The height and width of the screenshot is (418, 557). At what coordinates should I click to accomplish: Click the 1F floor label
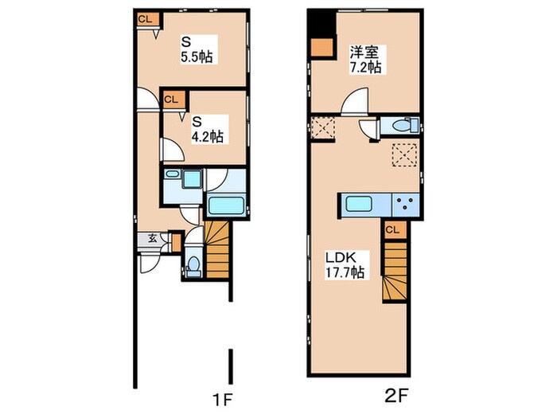pos(222,400)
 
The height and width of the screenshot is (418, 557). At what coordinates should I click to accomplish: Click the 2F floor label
pos(395,396)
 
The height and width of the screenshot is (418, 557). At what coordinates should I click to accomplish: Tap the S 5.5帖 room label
pos(197,49)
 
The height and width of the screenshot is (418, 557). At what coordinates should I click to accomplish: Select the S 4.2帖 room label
pos(208,129)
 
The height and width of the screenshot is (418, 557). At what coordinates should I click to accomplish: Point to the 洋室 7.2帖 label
pos(366,60)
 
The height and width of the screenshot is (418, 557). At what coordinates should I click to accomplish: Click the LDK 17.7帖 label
pos(345,265)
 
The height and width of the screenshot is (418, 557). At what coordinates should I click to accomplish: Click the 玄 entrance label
pos(153,239)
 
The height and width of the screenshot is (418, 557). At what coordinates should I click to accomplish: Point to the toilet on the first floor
pos(193,265)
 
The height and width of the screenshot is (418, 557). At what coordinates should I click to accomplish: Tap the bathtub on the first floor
pos(226,205)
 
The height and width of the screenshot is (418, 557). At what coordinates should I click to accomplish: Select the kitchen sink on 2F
pos(359,204)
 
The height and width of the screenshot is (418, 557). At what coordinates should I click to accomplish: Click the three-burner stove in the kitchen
pos(405,205)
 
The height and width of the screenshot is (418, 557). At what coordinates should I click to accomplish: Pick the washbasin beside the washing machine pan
pos(173,174)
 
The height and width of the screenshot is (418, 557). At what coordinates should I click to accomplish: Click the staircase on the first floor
pos(216,249)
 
